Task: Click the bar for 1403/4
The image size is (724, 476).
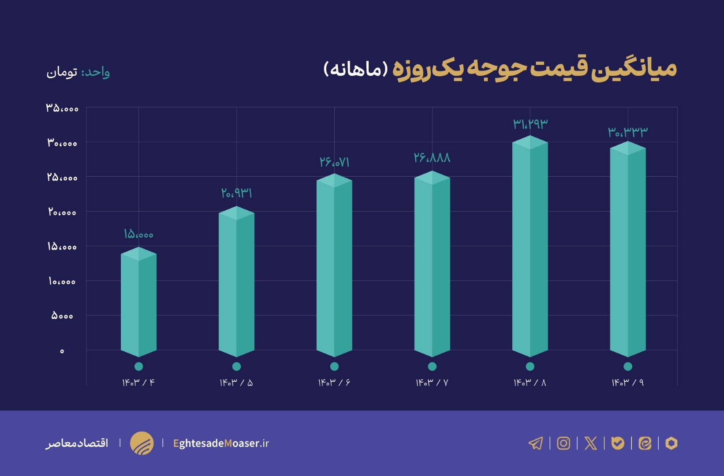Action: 138,304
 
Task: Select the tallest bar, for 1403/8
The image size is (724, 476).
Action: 530,247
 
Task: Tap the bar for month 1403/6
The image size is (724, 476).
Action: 334,264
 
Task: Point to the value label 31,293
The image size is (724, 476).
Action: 530,124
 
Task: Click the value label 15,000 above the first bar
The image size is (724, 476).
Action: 138,234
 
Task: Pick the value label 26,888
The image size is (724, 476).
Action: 432,158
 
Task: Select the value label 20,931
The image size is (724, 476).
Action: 236,193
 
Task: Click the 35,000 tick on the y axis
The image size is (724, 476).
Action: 62,108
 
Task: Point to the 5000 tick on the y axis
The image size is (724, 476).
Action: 62,316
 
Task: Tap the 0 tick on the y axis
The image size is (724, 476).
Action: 62,351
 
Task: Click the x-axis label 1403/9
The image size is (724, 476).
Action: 627,383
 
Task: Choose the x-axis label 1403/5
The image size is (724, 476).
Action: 236,383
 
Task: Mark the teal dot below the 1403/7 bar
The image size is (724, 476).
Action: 432,366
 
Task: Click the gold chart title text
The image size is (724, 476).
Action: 534,70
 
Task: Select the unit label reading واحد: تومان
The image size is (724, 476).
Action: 78,72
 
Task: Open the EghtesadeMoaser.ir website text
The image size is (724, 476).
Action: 221,443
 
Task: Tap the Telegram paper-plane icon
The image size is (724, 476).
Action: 536,443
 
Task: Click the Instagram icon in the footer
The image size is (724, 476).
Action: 563,443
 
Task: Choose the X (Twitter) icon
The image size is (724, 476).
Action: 590,443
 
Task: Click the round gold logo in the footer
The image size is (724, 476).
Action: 142,443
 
